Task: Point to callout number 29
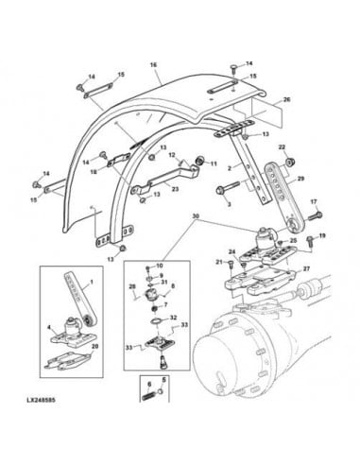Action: pos(300,179)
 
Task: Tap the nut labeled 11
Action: pos(200,159)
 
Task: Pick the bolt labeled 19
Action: pos(309,237)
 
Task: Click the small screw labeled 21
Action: pos(228,262)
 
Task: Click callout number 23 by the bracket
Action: pos(175,188)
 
